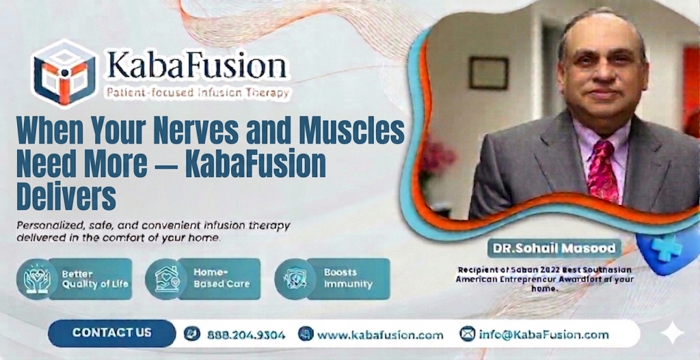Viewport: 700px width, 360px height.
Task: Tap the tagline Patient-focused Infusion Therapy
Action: point(196,92)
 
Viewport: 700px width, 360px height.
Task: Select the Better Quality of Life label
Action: point(94,279)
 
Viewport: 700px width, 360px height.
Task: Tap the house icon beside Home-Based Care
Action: point(165,279)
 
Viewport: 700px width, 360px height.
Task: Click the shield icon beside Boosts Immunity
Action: point(295,279)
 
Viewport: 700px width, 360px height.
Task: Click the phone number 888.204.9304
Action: point(244,335)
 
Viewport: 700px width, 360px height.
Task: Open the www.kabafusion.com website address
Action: point(379,335)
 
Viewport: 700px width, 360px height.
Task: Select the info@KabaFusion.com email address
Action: point(543,335)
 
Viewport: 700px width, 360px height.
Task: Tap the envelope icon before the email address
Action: point(468,335)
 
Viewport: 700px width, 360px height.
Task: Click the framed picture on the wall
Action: point(488,73)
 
